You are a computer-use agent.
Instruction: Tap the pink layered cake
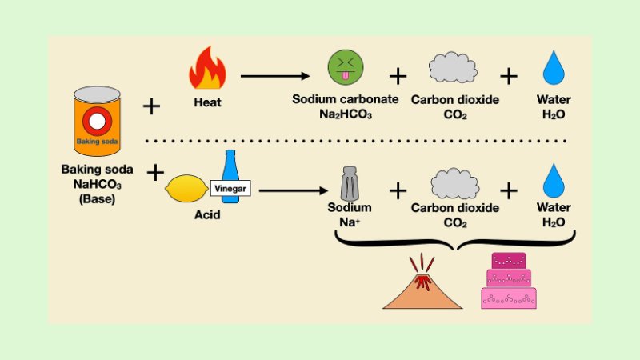pyautogui.click(x=509, y=281)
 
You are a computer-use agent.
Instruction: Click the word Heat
pyautogui.click(x=207, y=102)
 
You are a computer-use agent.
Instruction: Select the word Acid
pyautogui.click(x=207, y=216)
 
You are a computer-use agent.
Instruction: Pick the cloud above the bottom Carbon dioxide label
pyautogui.click(x=454, y=183)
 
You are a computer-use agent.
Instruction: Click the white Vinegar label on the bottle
pyautogui.click(x=231, y=189)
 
